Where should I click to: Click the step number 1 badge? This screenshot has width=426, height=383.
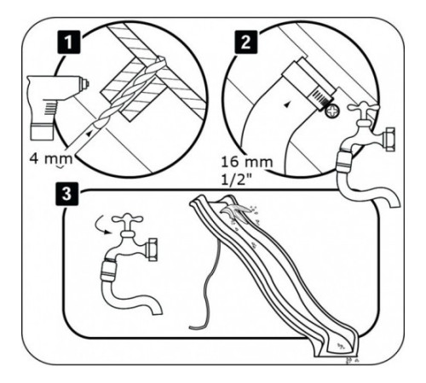[69, 43]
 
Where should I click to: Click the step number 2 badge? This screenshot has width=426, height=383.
[246, 43]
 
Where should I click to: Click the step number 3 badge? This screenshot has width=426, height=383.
[66, 194]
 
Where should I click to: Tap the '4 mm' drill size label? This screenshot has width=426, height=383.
[51, 159]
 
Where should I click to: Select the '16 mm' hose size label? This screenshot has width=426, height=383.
[247, 162]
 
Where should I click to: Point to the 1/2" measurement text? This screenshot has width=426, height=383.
[237, 180]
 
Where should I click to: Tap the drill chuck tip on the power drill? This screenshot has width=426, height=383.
[84, 83]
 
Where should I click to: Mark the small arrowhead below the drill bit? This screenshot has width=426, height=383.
[89, 134]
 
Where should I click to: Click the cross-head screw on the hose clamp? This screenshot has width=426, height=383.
[332, 111]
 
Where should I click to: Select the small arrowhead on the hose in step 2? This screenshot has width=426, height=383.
[287, 106]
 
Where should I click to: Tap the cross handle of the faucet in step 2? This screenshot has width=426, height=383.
[364, 108]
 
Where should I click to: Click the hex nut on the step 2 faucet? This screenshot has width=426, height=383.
[388, 140]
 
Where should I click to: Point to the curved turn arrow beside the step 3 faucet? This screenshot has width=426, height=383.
[101, 226]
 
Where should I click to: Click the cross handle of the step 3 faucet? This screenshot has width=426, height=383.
[128, 219]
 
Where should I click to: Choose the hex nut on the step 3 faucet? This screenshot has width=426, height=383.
[151, 249]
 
